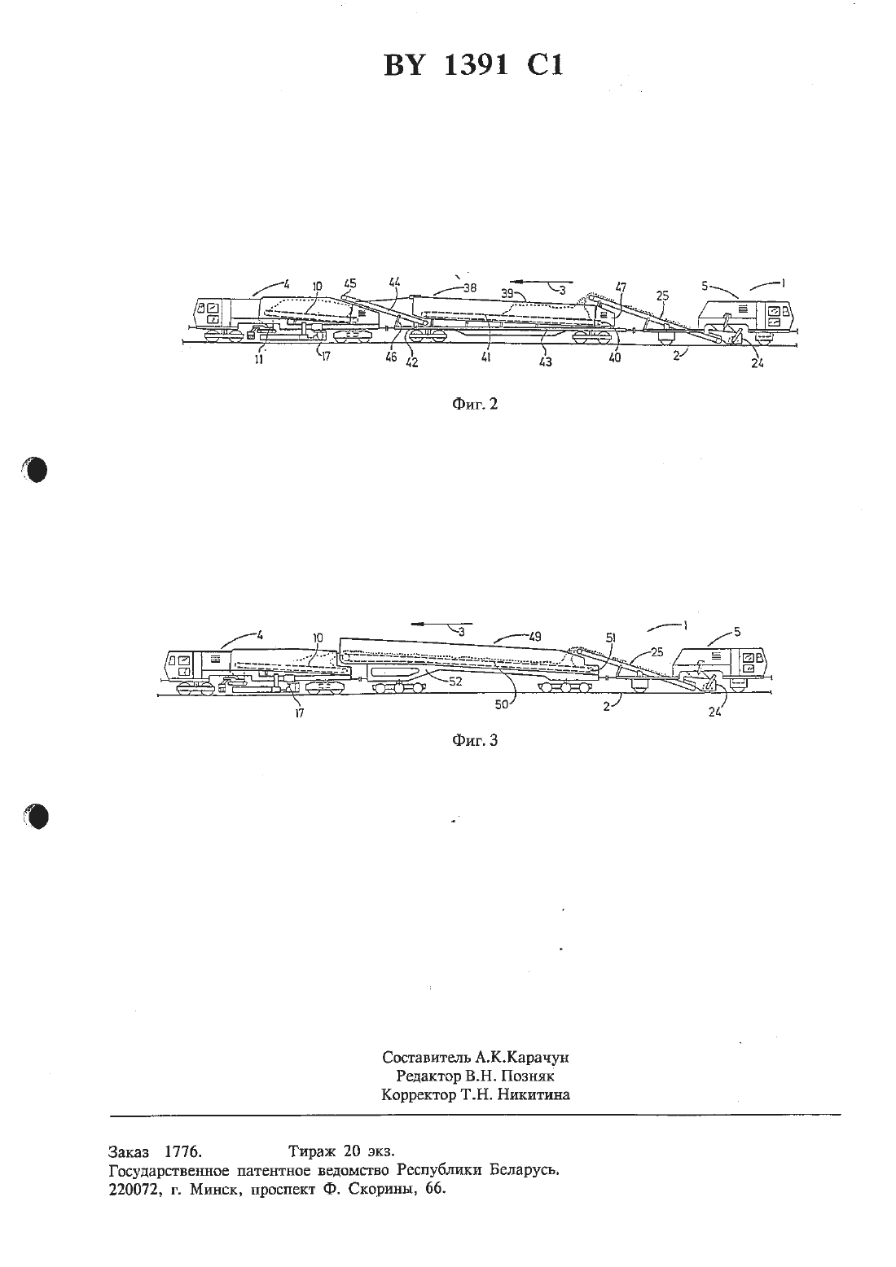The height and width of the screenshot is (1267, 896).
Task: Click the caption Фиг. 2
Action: [x=475, y=404]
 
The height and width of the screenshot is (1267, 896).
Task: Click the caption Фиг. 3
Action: [x=475, y=740]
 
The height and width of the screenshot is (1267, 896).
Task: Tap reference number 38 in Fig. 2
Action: [x=469, y=288]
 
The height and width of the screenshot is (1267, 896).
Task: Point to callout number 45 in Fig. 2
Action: [x=351, y=283]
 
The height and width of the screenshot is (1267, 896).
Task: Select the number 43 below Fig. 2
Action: [x=545, y=362]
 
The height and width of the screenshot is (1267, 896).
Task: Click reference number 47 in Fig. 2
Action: [x=621, y=287]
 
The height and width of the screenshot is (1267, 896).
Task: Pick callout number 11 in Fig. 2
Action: [x=258, y=358]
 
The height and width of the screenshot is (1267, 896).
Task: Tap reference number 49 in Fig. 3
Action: [x=534, y=636]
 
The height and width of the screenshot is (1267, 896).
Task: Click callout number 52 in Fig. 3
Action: [x=455, y=682]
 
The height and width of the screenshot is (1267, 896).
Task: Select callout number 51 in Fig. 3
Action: [x=610, y=638]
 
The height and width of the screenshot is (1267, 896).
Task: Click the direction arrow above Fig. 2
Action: [x=540, y=281]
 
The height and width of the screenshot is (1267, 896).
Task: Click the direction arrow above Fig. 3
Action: [x=441, y=624]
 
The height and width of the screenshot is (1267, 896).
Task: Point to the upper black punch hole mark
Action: [x=36, y=470]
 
